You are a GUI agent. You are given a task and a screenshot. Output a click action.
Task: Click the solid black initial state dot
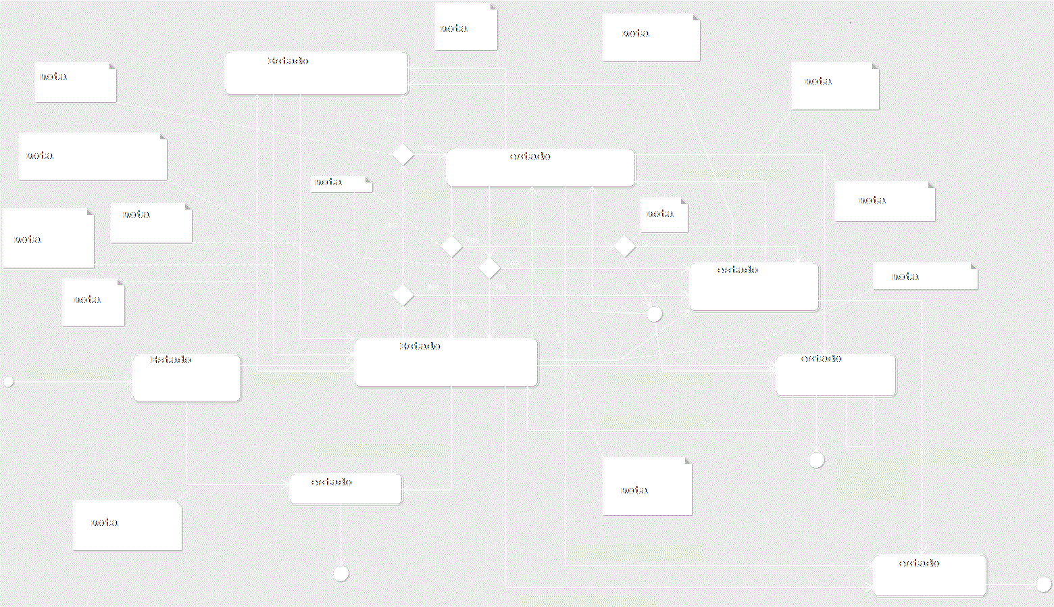[8, 381]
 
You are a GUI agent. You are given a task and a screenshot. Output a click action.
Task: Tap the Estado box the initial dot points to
[186, 378]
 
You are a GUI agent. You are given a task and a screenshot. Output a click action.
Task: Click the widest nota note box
[93, 156]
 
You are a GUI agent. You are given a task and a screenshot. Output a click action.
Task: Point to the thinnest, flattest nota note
[341, 183]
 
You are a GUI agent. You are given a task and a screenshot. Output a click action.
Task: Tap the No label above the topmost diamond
[391, 120]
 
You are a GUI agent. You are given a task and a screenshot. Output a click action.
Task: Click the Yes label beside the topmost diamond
[429, 148]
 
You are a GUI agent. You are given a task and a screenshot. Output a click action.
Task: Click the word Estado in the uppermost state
[288, 61]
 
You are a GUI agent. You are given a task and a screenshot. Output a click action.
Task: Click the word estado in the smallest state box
[331, 482]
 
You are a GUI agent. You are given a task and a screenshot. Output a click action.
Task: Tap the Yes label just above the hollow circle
[653, 287]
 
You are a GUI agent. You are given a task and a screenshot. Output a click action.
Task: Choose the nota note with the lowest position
[127, 525]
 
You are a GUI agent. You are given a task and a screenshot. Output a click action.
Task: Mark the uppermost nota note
[466, 26]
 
